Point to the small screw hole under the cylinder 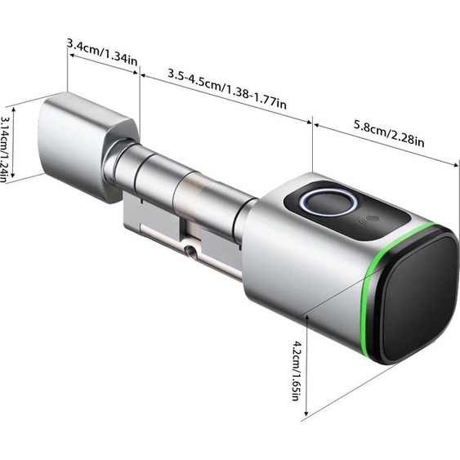click(x=190, y=250)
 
